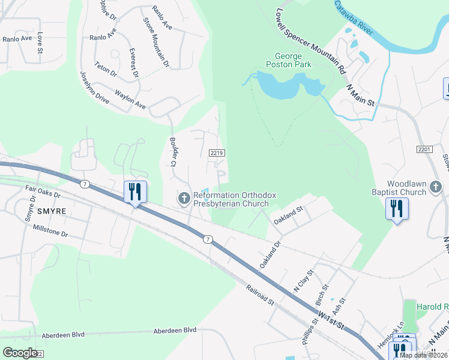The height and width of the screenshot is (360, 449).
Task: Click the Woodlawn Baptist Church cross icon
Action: (x=436, y=188)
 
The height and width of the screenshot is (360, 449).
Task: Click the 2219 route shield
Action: (x=217, y=153)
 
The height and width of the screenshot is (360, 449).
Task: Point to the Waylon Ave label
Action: (x=130, y=100)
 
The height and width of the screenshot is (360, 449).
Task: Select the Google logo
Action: (x=20, y=353)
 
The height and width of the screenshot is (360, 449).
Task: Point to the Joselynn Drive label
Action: (x=95, y=88)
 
